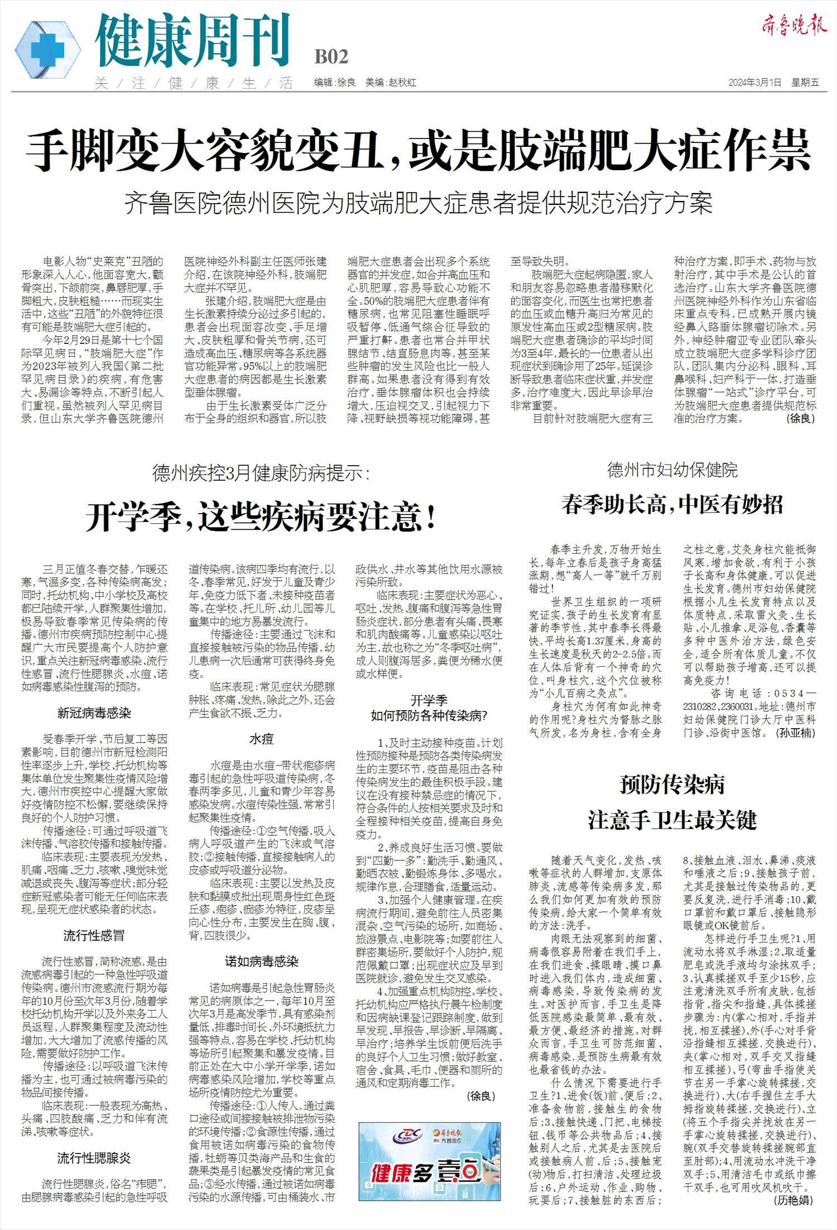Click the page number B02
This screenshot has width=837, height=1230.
pyautogui.click(x=331, y=57)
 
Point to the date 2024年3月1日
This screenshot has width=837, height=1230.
pyautogui.click(x=754, y=83)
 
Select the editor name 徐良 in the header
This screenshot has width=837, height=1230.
pyautogui.click(x=346, y=83)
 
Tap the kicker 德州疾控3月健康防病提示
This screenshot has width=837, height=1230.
pyautogui.click(x=261, y=473)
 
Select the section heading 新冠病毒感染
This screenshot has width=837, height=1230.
pyautogui.click(x=94, y=712)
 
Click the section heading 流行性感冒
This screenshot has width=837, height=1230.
pyautogui.click(x=94, y=936)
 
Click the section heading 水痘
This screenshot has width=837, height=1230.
pyautogui.click(x=261, y=740)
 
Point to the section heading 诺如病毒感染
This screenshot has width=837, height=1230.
pyautogui.click(x=261, y=961)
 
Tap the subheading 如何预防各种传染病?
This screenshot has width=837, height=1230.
pyautogui.click(x=429, y=715)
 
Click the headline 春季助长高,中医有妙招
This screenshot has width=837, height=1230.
pyautogui.click(x=672, y=504)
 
